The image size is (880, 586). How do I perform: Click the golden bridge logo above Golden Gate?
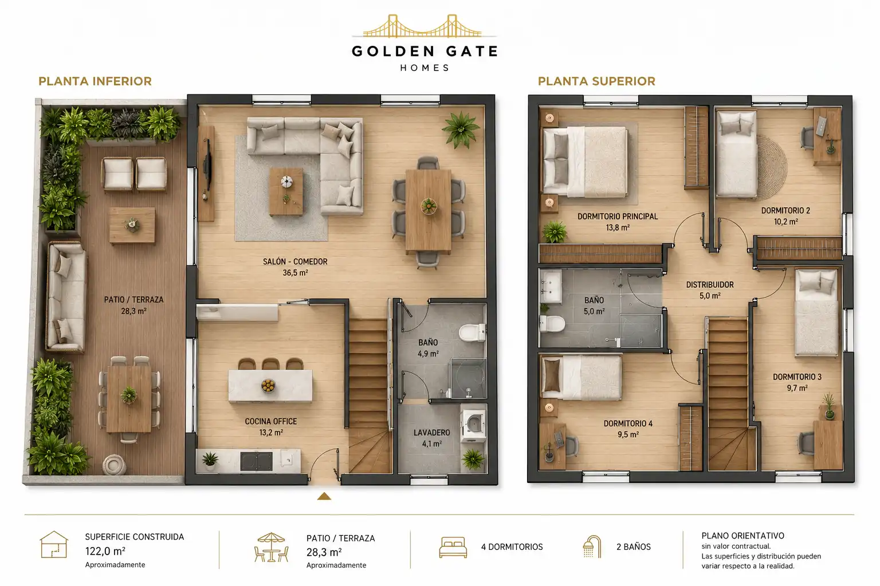423,26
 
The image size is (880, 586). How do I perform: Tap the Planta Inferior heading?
95,81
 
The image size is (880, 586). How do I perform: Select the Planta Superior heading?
596,81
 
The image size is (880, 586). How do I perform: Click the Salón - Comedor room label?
295,262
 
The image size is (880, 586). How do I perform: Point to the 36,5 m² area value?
295,273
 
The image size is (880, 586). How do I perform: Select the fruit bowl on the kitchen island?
268,386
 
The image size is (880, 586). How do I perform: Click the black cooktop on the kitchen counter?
256,461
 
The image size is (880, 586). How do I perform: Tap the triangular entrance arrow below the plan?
324,496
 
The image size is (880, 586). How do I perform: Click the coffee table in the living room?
286,192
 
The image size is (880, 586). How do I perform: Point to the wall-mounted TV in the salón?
207,173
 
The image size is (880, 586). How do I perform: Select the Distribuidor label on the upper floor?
710,284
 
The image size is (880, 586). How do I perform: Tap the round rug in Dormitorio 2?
772,168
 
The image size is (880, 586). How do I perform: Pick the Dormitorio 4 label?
628,423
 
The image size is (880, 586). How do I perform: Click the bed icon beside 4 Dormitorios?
453,547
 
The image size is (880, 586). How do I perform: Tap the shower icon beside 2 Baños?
592,547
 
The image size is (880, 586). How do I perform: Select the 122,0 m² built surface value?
105,552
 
